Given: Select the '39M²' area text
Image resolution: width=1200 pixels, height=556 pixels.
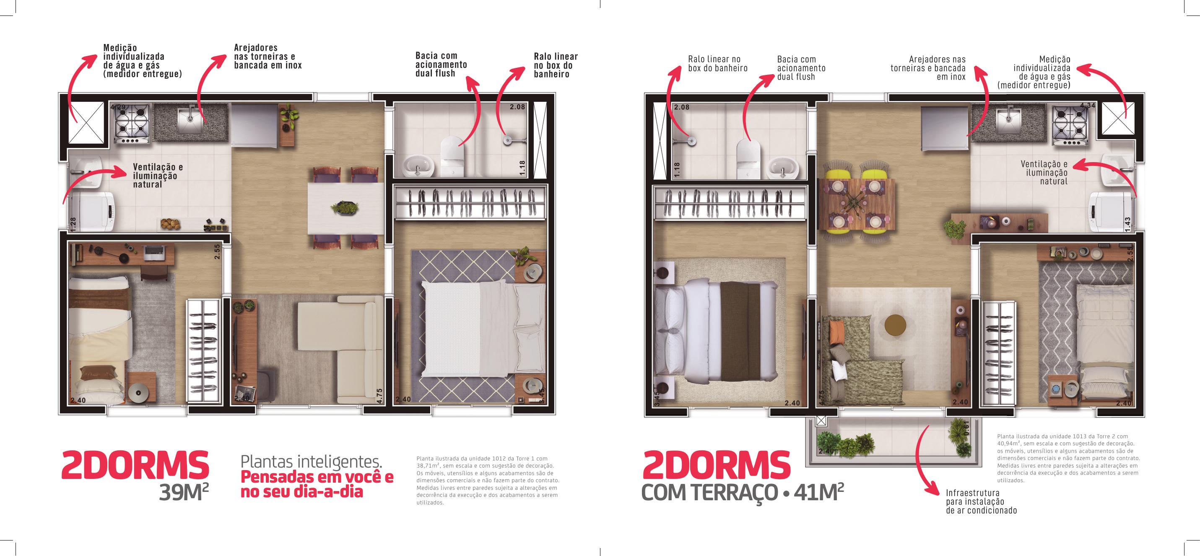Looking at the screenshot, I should pos(183,492).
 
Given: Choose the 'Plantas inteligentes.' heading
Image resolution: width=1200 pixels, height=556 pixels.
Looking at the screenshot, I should pos(311,461).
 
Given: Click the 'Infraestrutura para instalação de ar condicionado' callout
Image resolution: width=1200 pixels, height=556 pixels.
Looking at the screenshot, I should pos(981,502).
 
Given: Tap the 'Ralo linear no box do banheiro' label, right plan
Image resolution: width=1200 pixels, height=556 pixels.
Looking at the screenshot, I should pos(717,64).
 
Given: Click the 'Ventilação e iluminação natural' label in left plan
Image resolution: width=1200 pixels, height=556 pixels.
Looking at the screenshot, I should pos(158,176).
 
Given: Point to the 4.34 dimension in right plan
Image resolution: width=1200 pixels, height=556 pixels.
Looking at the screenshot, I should pos(1088,106).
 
